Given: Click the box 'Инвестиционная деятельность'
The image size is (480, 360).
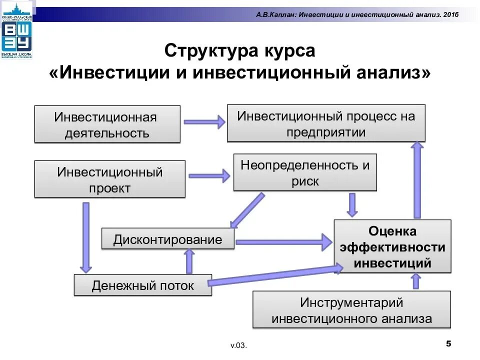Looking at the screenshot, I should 107,124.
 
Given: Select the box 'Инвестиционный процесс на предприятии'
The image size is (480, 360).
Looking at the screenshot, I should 326,123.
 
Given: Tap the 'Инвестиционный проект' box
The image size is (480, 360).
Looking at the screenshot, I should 109,179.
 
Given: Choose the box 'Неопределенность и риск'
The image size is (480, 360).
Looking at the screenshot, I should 305,172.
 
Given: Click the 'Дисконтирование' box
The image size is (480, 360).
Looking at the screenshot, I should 168,239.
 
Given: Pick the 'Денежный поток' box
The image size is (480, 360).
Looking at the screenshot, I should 142,285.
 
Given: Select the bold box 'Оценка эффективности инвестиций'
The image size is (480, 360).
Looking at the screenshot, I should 392,246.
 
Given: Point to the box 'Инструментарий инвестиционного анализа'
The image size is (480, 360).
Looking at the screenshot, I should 351,310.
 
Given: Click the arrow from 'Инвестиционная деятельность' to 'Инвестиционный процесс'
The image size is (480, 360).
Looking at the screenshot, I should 204,121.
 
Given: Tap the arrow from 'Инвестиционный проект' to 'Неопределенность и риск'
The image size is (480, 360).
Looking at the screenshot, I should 208,175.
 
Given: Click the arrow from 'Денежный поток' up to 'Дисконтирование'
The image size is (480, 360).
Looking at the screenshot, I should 189,261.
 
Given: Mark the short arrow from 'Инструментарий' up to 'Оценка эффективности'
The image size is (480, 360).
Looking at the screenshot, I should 415,282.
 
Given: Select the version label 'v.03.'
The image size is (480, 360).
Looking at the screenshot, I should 239,345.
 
